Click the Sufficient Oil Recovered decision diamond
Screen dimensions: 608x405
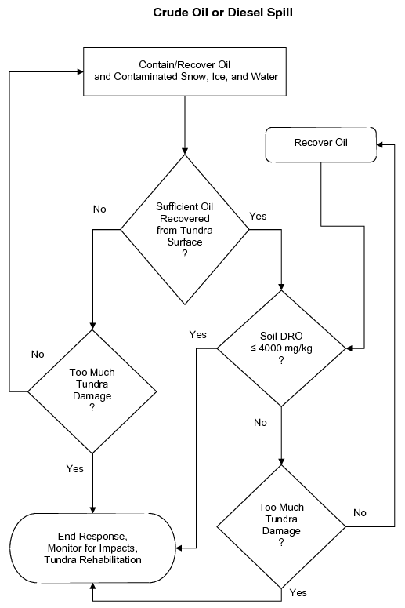click(x=185, y=229)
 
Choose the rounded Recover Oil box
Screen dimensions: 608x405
click(x=320, y=142)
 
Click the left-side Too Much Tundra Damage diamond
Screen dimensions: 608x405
click(x=93, y=390)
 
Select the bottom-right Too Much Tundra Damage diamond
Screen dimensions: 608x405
click(x=281, y=524)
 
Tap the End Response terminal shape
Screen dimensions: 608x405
click(x=93, y=548)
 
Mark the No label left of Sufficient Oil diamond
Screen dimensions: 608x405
click(x=99, y=209)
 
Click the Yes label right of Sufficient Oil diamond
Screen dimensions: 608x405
click(x=258, y=215)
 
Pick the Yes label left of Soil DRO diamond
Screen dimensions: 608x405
click(x=197, y=334)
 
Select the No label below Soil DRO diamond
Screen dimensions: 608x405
click(x=261, y=422)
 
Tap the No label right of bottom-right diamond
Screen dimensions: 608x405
click(x=360, y=512)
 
